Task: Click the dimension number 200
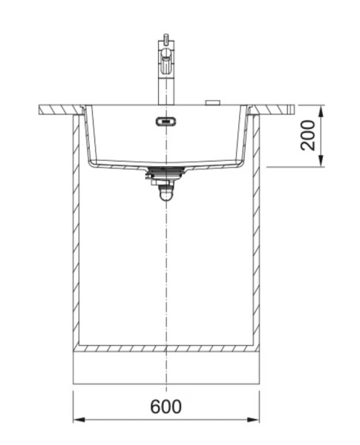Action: pyautogui.click(x=307, y=134)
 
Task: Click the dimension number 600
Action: pyautogui.click(x=165, y=406)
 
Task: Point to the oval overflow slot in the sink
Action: pyautogui.click(x=165, y=120)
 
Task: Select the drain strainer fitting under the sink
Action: pyautogui.click(x=166, y=175)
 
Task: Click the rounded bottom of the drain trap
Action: pyautogui.click(x=166, y=196)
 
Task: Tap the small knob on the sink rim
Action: pyautogui.click(x=213, y=102)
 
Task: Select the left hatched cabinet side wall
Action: pyautogui.click(x=76, y=230)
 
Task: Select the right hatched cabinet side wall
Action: pyautogui.click(x=255, y=230)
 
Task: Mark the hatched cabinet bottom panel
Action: pyautogui.click(x=166, y=348)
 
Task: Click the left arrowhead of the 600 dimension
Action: pyautogui.click(x=76, y=420)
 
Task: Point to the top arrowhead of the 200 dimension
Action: pyautogui.click(x=321, y=109)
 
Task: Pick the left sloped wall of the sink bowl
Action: pyautogui.click(x=88, y=137)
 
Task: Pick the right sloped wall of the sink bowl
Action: pyautogui.click(x=243, y=137)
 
